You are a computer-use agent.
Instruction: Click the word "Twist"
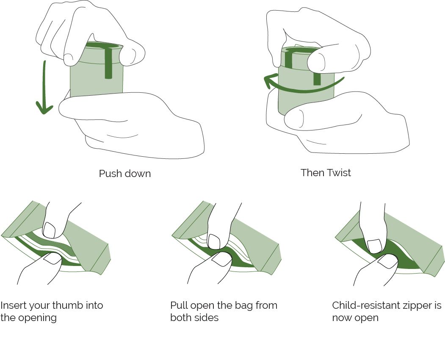(x=339, y=173)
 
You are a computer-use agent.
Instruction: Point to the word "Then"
(x=312, y=173)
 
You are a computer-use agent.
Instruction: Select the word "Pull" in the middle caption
(x=179, y=305)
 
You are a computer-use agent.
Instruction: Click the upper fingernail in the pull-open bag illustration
(x=214, y=241)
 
